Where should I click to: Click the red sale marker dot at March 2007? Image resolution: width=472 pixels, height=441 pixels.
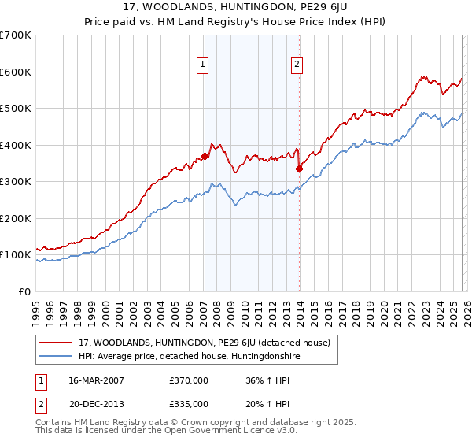coord(205,156)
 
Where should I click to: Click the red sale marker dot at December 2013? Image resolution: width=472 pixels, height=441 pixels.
coord(299,168)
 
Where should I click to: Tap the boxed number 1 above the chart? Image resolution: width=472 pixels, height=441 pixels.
coord(203,65)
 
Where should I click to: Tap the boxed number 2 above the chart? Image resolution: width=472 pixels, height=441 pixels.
coord(297,65)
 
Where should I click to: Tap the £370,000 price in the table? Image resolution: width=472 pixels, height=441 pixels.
coord(189,380)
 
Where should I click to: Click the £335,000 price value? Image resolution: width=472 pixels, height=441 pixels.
coord(189,403)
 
